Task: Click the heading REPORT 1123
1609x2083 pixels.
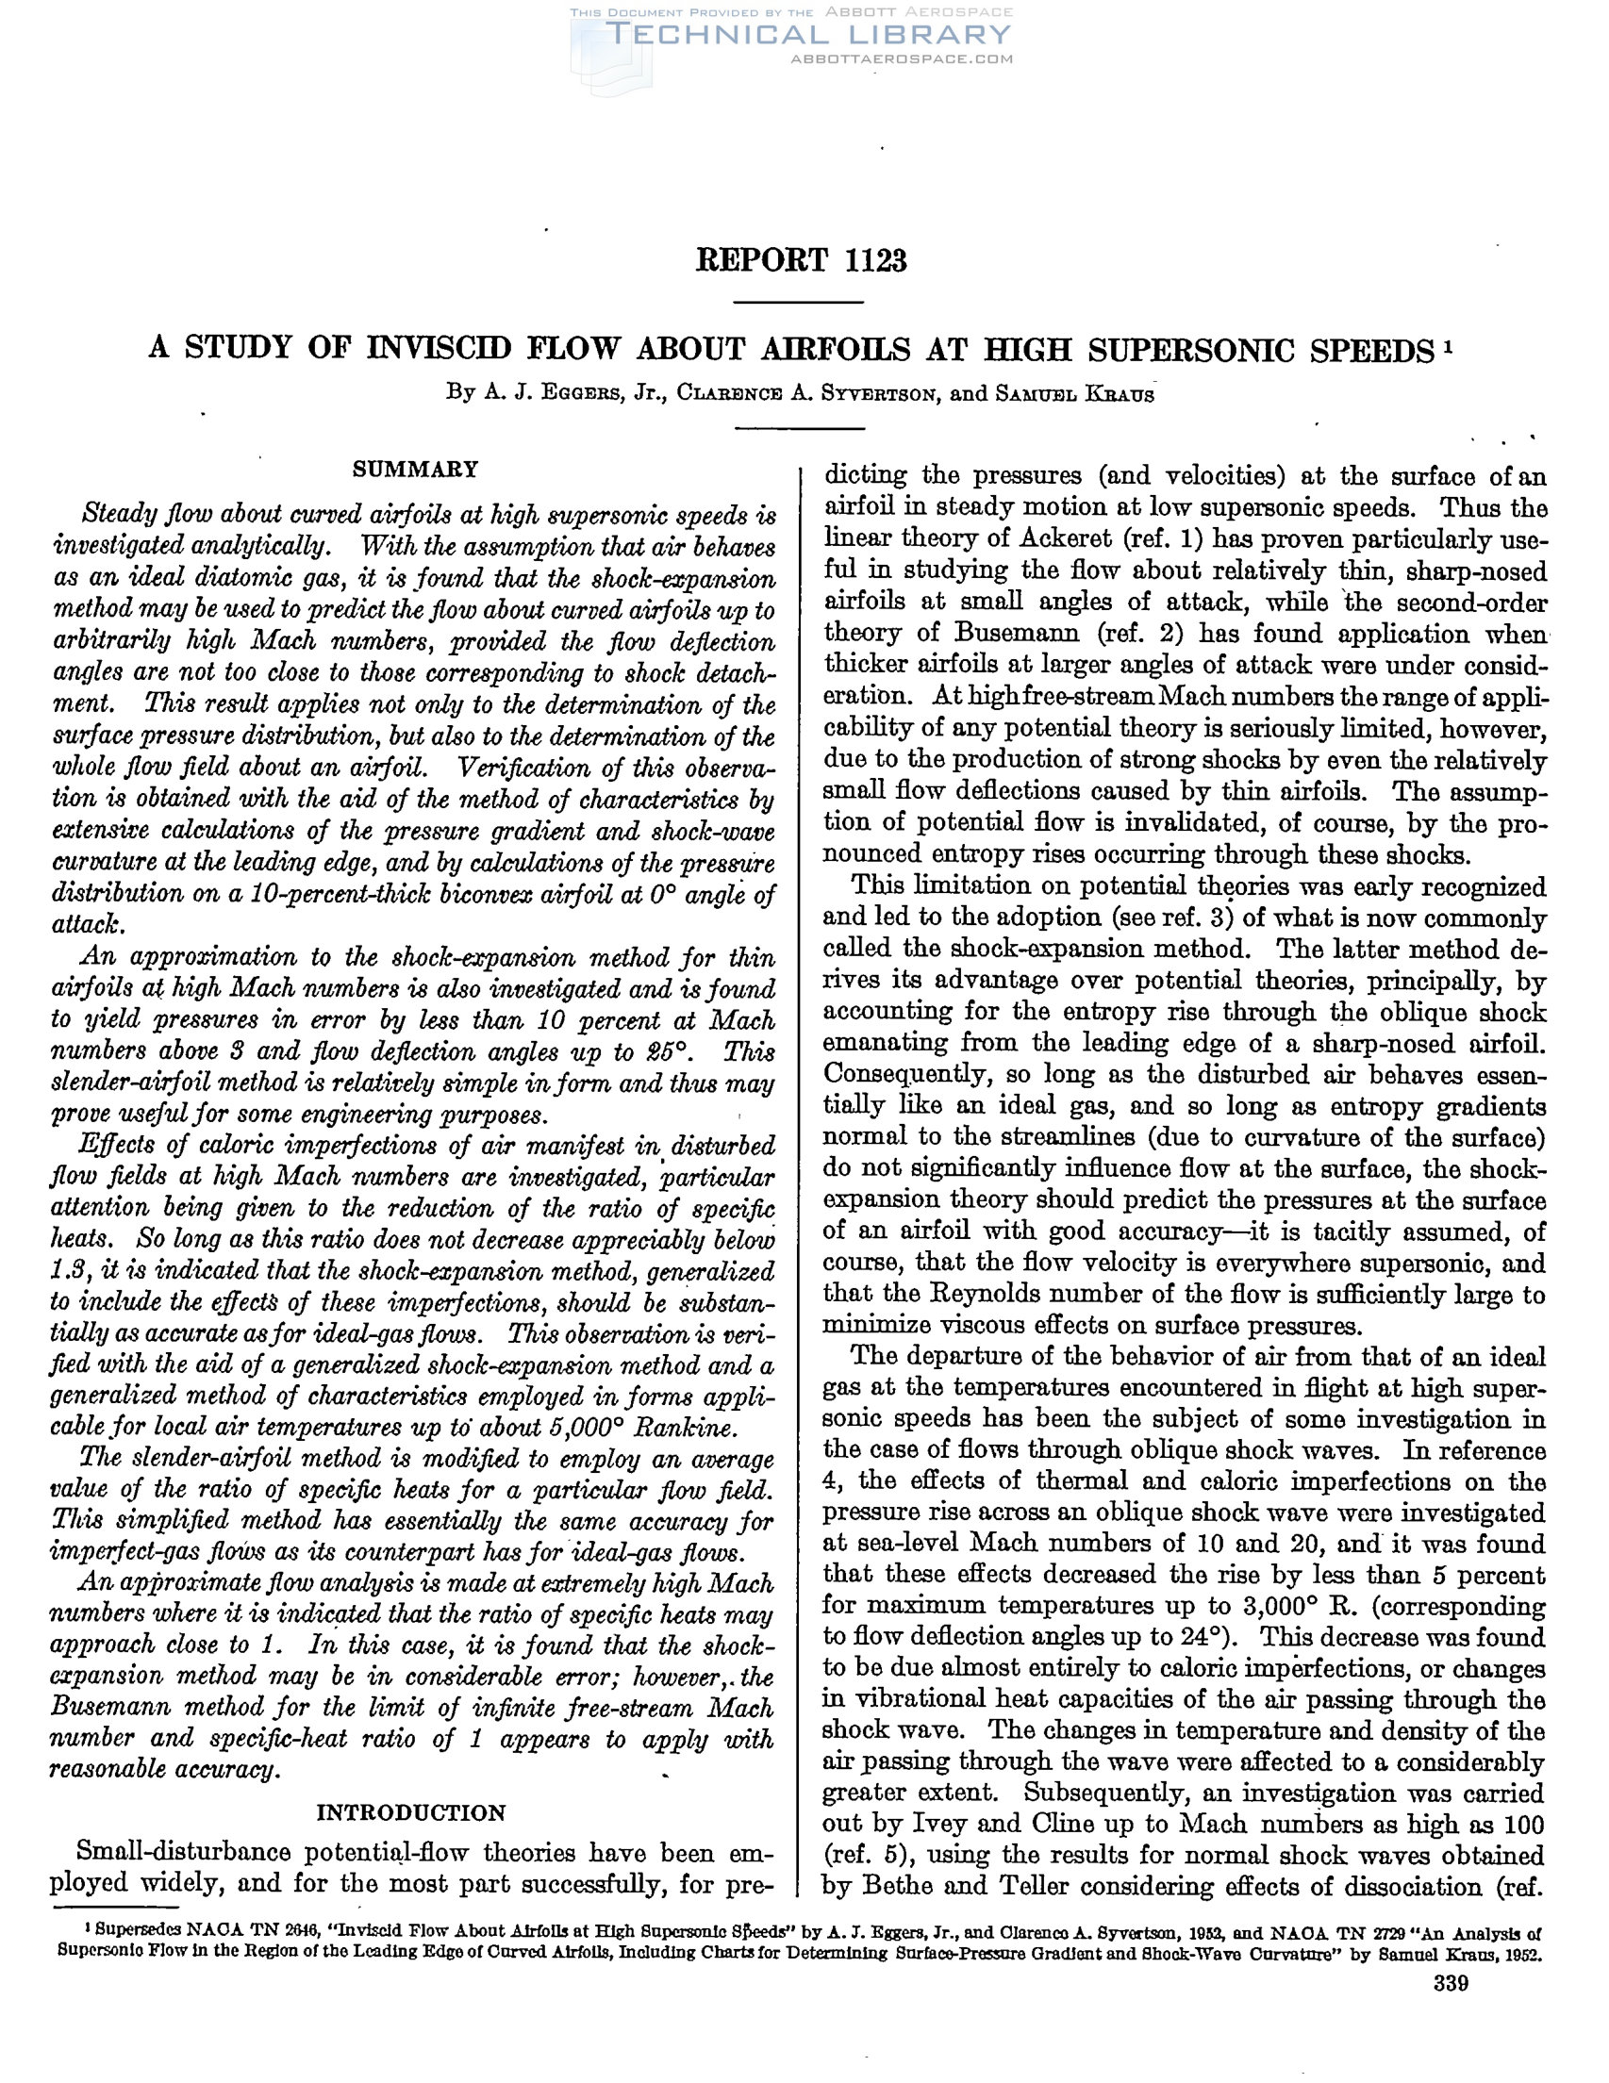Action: tap(801, 259)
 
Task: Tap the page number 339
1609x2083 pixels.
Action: tap(1451, 1985)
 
